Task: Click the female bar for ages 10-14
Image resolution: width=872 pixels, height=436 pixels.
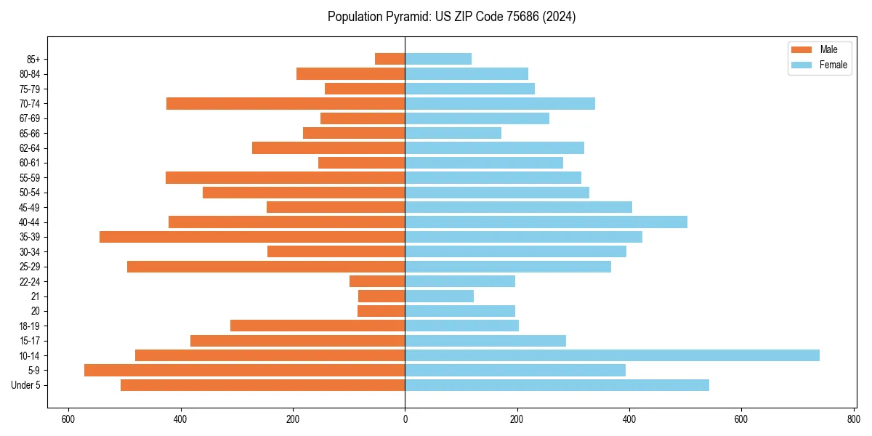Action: coord(612,355)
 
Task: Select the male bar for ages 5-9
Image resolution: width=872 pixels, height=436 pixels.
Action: coord(244,371)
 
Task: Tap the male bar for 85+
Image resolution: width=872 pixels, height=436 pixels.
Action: coord(390,59)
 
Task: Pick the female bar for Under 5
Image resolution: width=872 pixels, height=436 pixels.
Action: coord(557,385)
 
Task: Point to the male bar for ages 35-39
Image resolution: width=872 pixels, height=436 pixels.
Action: coord(252,237)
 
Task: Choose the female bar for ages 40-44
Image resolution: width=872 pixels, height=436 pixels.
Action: coord(546,222)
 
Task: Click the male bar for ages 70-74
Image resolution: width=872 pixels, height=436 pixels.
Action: coord(286,104)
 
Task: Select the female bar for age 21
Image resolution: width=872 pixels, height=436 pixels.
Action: coord(439,296)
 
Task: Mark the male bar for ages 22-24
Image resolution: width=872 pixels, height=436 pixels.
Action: coord(377,281)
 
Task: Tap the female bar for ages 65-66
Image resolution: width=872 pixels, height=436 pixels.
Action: coord(453,133)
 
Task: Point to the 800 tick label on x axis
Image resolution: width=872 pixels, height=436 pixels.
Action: coord(853,419)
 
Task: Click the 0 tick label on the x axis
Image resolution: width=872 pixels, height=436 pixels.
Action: coord(405,419)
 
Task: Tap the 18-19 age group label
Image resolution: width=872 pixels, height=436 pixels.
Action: coord(30,326)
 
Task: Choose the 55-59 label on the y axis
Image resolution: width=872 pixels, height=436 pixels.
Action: coord(30,178)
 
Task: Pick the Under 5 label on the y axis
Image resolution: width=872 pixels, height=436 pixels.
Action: coord(26,385)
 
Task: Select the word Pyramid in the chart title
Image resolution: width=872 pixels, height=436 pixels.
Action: coord(405,17)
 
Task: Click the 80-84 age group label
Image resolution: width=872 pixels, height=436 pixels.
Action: coord(30,74)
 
